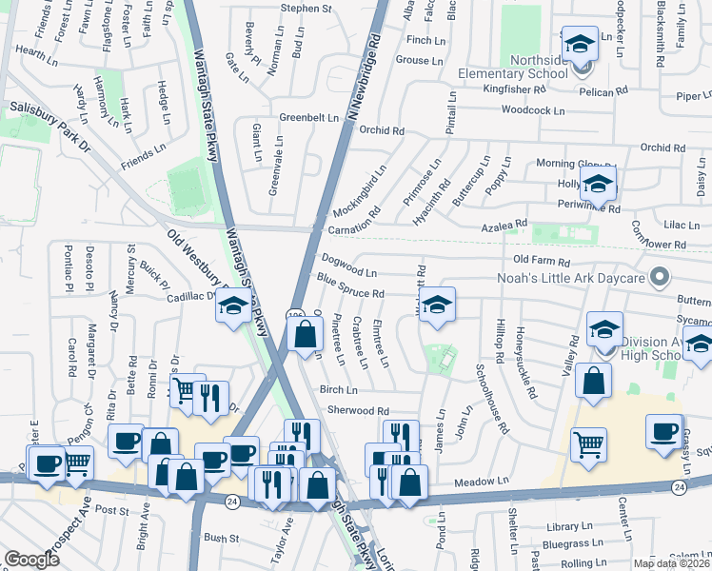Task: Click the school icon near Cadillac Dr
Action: pos(231,305)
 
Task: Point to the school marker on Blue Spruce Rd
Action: pos(437,305)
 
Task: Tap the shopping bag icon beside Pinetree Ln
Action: pos(305,334)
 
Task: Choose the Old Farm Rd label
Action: pos(541,260)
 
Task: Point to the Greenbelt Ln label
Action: pos(309,117)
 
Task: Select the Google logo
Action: pos(31,560)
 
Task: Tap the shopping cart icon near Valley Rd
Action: pos(588,443)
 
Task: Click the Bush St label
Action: pos(221,539)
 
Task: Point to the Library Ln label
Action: pos(570,526)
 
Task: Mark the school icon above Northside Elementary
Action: pos(577,44)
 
